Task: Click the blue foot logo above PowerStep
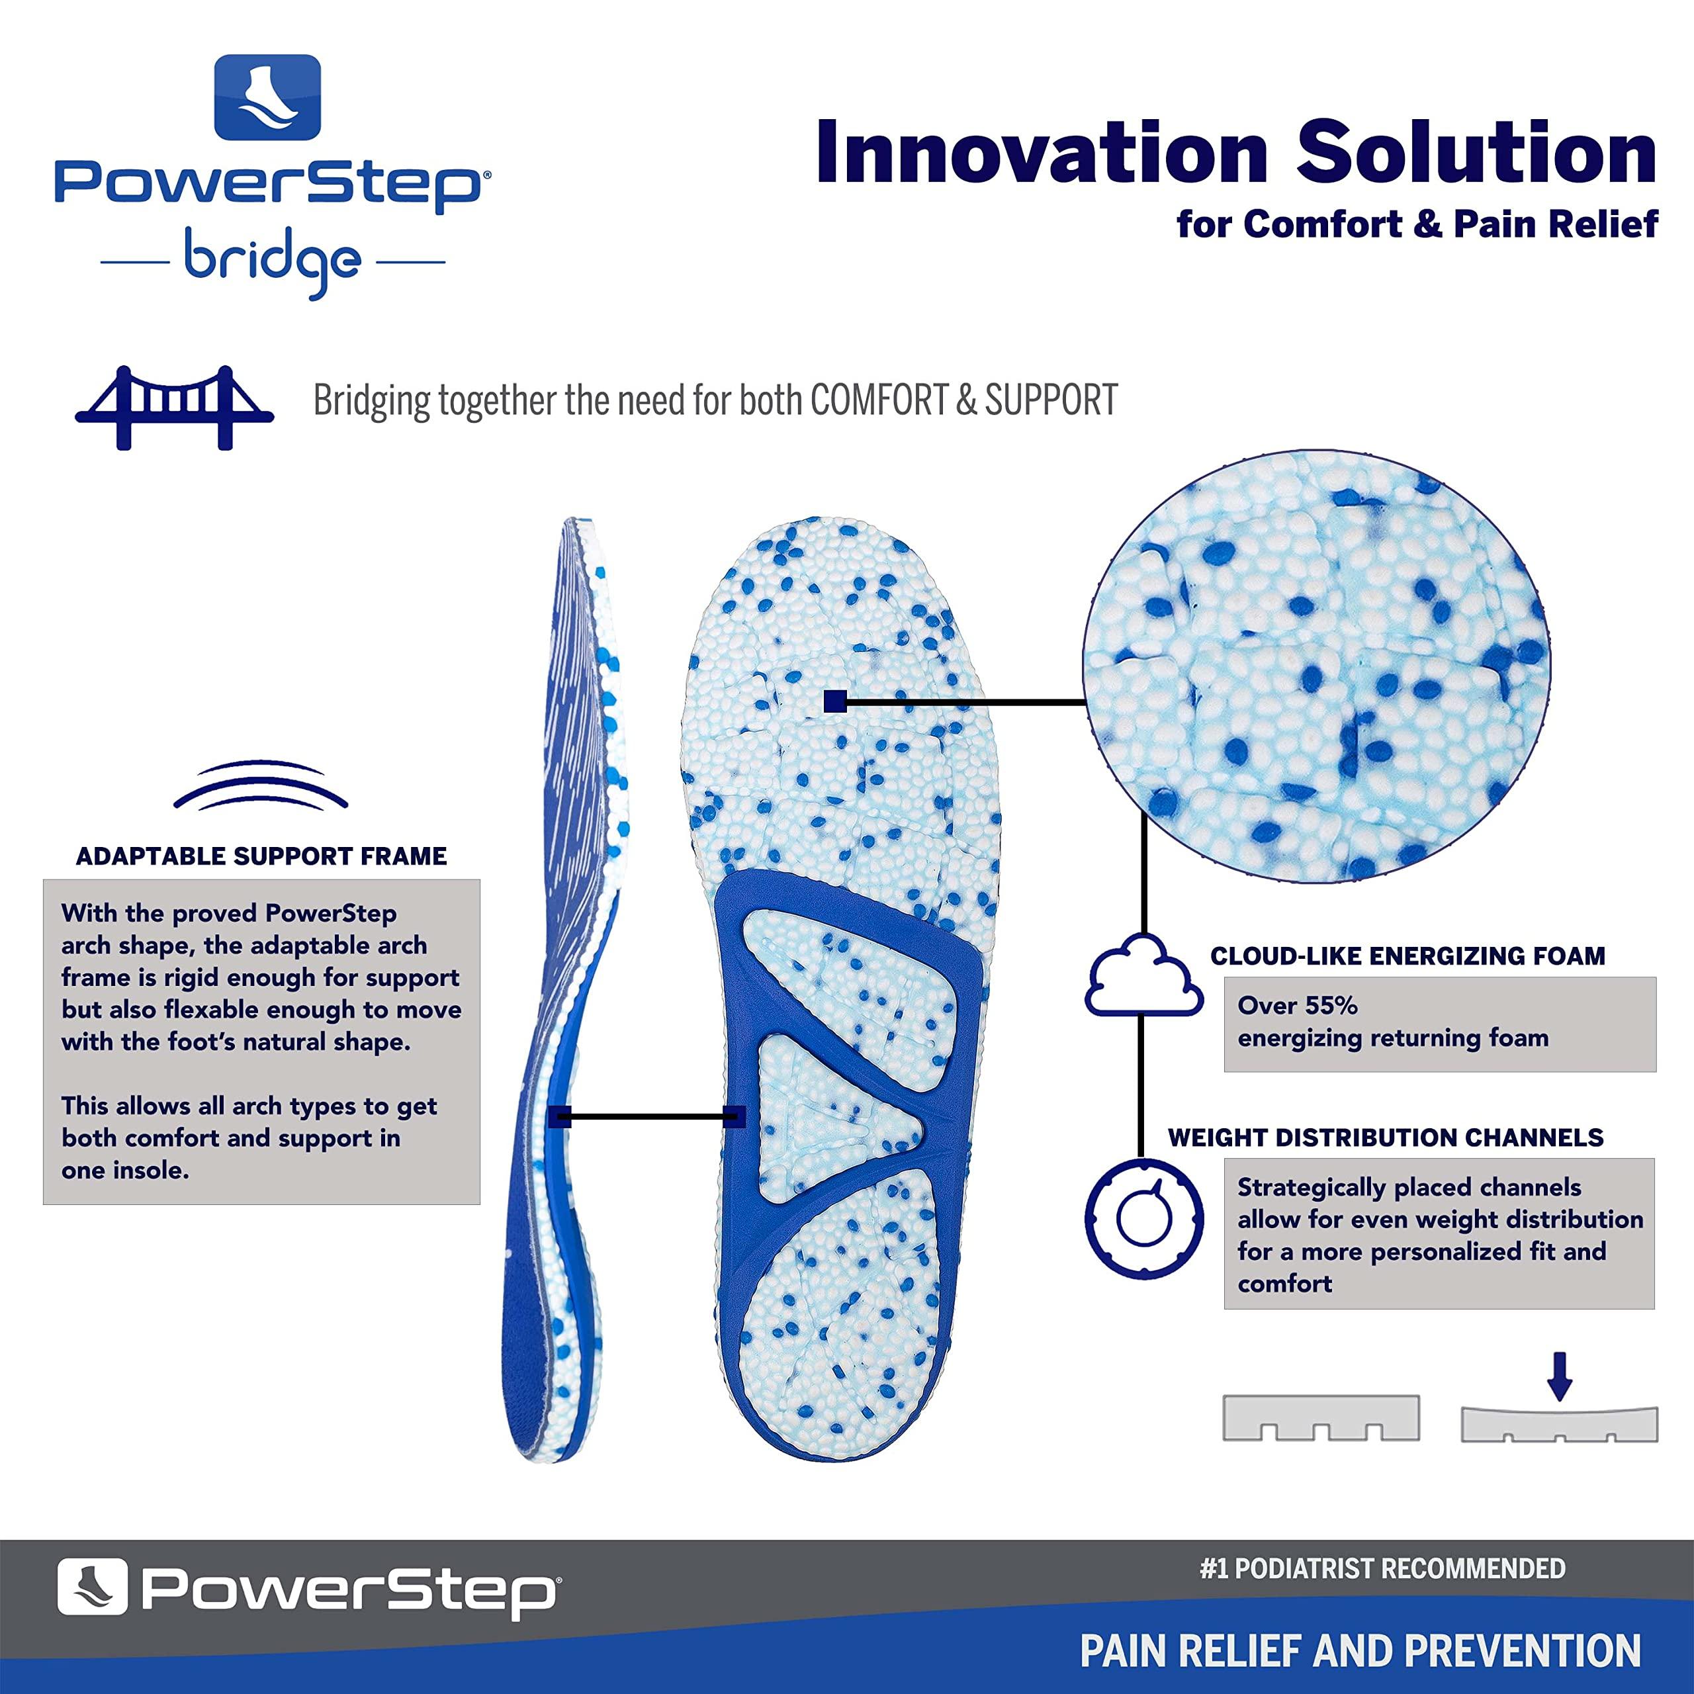[267, 97]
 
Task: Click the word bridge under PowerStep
[272, 261]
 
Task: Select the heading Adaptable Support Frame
[261, 857]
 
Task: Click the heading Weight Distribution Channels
[1386, 1138]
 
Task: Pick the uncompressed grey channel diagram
[1321, 1418]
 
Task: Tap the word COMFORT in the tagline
[877, 401]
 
